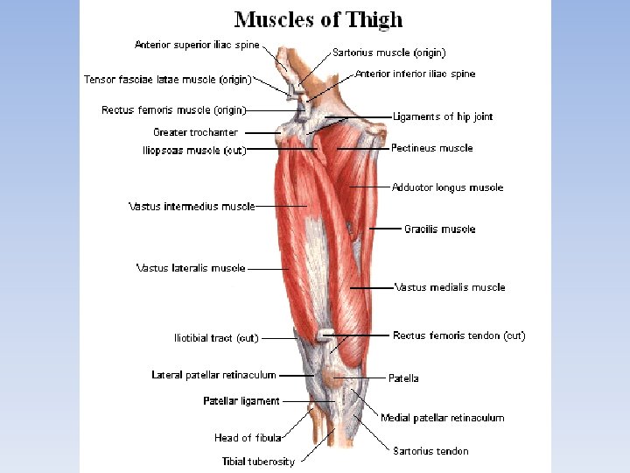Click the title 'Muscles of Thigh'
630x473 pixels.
point(318,19)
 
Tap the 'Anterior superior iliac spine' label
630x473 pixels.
point(197,45)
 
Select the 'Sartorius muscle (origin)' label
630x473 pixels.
point(388,53)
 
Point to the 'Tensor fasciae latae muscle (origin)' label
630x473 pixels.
point(167,80)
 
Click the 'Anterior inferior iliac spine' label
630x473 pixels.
point(416,74)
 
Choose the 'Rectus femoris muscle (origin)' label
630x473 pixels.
point(173,110)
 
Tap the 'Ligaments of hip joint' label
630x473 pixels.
point(443,116)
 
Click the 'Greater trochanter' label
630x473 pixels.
point(195,132)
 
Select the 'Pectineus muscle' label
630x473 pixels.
point(431,148)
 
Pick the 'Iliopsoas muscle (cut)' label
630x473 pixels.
point(194,151)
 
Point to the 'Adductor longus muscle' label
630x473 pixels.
point(447,187)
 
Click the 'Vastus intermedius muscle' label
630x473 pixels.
point(192,207)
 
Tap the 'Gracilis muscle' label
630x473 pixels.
point(439,229)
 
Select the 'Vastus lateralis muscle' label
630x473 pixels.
point(191,268)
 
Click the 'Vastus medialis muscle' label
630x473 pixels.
point(450,287)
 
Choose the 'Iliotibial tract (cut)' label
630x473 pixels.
point(216,338)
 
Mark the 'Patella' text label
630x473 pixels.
point(403,378)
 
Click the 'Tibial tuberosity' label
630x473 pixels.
point(258,462)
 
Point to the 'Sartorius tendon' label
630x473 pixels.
point(430,451)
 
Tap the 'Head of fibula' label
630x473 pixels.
point(248,438)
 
